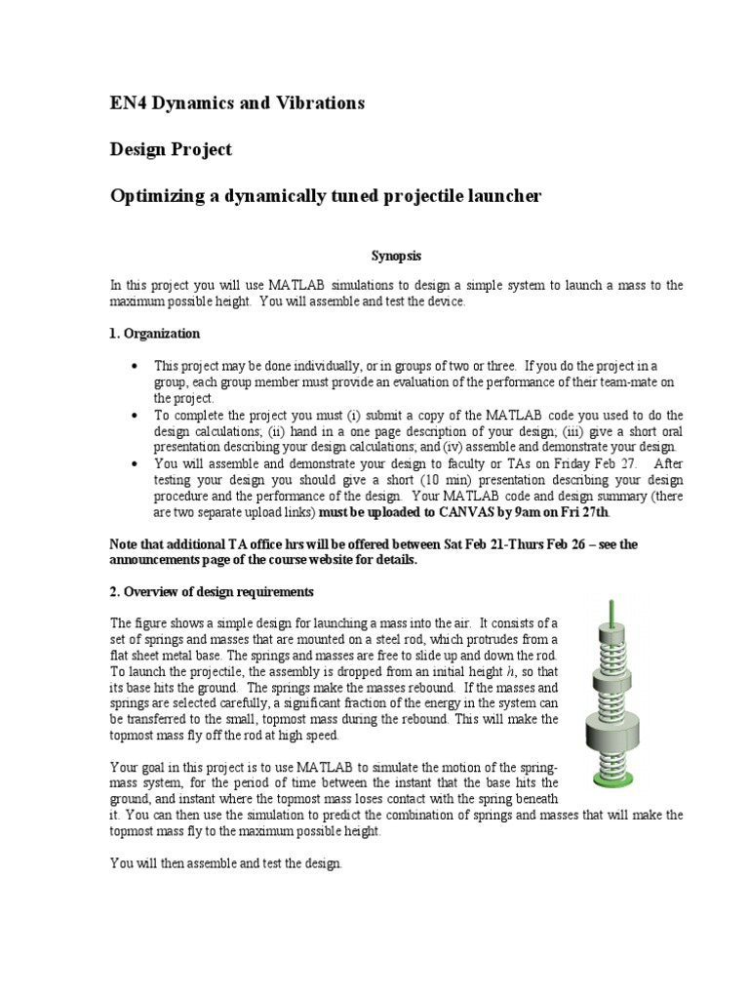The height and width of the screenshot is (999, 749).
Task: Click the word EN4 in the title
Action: click(x=128, y=102)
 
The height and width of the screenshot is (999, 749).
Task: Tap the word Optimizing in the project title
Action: click(x=156, y=196)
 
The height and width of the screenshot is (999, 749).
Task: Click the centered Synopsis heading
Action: click(x=396, y=255)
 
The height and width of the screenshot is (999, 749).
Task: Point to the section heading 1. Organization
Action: click(x=154, y=334)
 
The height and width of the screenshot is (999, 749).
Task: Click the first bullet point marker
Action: click(x=134, y=365)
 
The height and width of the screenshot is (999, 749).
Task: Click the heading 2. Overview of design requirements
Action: click(x=212, y=592)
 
